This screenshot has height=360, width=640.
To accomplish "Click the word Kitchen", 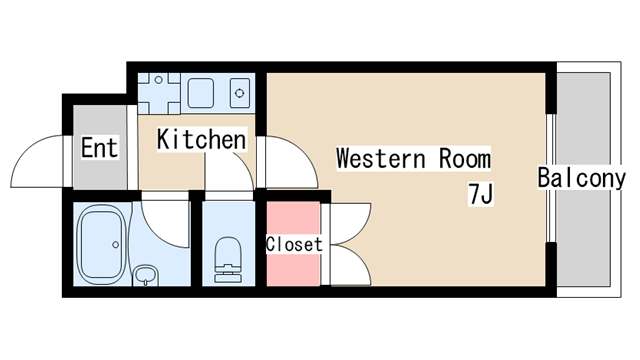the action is pyautogui.click(x=202, y=139).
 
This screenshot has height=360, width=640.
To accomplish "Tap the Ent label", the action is pyautogui.click(x=100, y=147).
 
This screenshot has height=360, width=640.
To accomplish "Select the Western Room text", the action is pyautogui.click(x=413, y=158).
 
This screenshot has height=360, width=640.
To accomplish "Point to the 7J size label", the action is pyautogui.click(x=480, y=194).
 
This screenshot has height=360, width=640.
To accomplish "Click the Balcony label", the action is pyautogui.click(x=581, y=178).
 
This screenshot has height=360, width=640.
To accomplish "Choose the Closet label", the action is pyautogui.click(x=294, y=244).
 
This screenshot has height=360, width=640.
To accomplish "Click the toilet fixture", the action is pyautogui.click(x=228, y=260).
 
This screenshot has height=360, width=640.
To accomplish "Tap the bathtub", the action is pyautogui.click(x=101, y=244).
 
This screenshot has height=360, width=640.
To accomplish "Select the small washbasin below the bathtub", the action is pyautogui.click(x=146, y=276).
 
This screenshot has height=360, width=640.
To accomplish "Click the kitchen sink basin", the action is pyautogui.click(x=200, y=93).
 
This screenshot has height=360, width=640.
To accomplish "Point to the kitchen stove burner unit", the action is pyautogui.click(x=240, y=93).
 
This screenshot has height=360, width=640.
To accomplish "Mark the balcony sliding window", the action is pyautogui.click(x=551, y=178).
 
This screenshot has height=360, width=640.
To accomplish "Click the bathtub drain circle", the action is pyautogui.click(x=116, y=244).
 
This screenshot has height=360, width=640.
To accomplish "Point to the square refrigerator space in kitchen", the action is pyautogui.click(x=159, y=93).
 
